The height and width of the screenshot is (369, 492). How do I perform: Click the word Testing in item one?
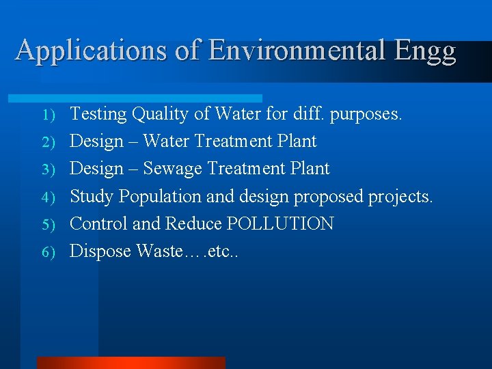tap(98, 114)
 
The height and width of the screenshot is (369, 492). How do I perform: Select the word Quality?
tap(161, 114)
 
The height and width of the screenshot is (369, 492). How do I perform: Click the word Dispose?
tap(100, 251)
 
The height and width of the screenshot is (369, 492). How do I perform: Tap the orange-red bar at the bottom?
tap(131, 363)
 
